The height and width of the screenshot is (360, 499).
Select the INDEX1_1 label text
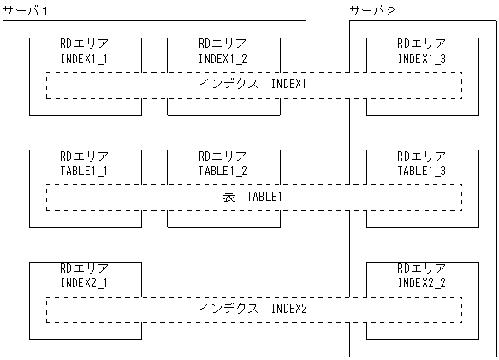tap(85, 58)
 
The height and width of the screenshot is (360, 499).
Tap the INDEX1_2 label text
tap(223, 58)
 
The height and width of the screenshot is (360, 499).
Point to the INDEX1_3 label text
tap(421, 58)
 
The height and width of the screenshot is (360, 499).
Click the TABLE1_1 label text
tap(85, 170)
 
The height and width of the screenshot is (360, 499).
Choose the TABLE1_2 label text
tap(223, 170)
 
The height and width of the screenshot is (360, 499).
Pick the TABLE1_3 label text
tap(421, 170)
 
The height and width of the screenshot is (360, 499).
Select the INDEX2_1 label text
tap(85, 282)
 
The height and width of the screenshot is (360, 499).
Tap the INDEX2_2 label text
tap(421, 282)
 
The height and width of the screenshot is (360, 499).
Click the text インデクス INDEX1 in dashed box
tap(253, 85)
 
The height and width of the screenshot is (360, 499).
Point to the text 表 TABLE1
tap(253, 197)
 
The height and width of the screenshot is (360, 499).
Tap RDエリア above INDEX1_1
tap(85, 44)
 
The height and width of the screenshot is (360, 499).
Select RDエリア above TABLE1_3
tap(421, 156)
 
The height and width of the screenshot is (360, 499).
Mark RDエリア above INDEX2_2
tap(421, 269)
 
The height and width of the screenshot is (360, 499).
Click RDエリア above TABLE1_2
tap(223, 156)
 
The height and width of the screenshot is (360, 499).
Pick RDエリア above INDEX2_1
tap(85, 269)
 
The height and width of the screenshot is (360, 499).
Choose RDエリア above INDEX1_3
tap(421, 44)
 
